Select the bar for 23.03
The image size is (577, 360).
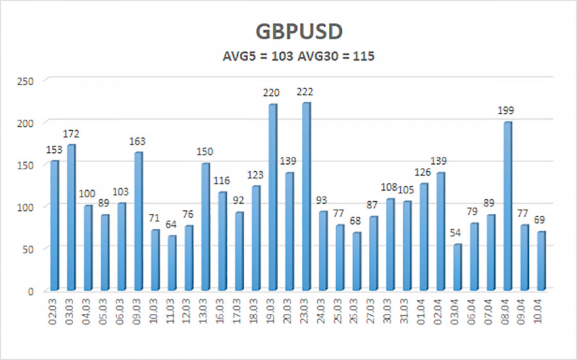tap(306, 196)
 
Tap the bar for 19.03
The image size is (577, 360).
tap(272, 197)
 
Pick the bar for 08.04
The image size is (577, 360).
tap(507, 206)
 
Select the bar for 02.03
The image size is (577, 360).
tap(54, 225)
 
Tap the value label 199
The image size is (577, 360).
tap(507, 111)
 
